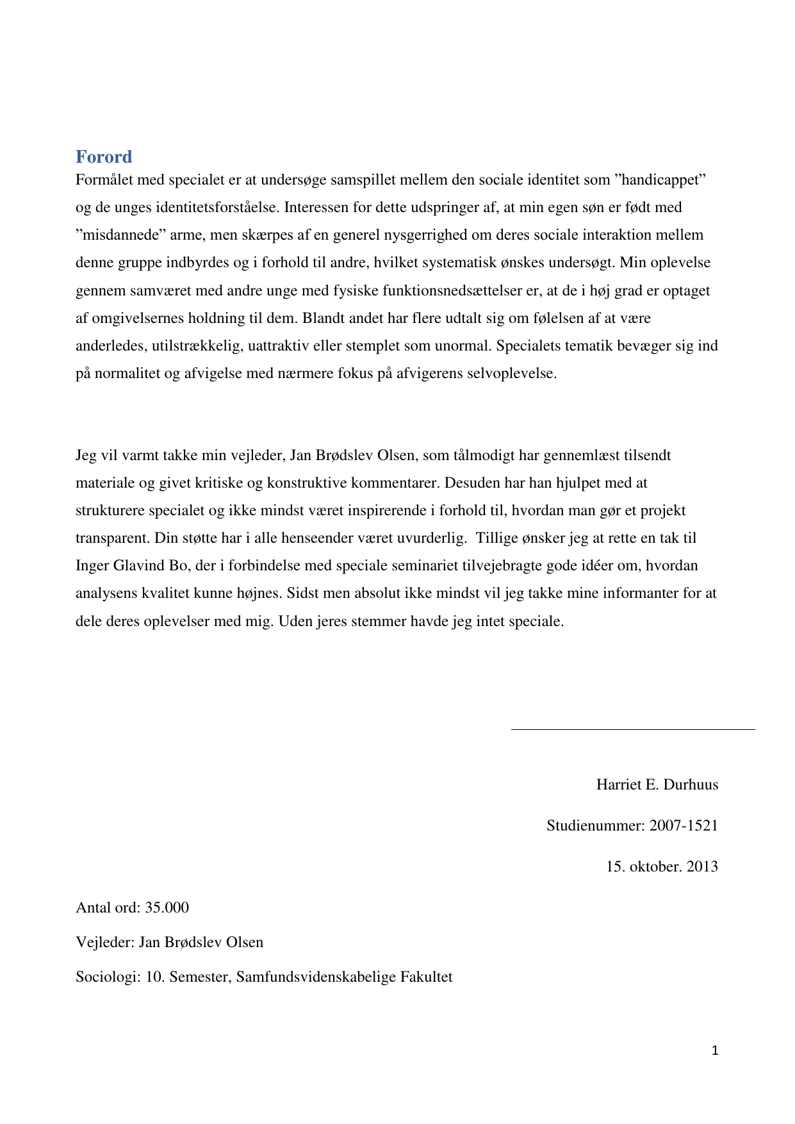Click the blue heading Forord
coord(104,156)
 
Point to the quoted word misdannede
coord(120,235)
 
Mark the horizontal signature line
coord(632,729)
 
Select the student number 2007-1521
coord(684,826)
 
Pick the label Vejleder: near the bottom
coord(105,943)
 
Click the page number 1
coord(715,1050)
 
